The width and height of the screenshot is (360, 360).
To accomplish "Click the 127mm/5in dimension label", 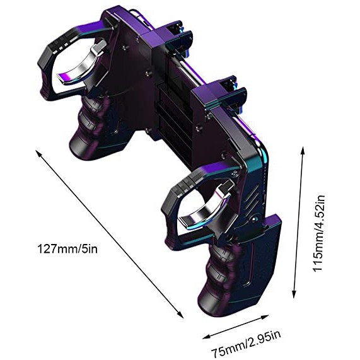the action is (67, 248).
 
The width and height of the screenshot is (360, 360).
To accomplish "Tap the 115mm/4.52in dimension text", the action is (319, 234).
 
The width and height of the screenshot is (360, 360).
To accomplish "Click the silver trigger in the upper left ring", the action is (82, 64).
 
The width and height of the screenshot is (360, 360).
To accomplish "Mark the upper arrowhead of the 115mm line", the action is (303, 151).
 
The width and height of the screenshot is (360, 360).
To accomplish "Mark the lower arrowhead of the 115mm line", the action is (294, 294).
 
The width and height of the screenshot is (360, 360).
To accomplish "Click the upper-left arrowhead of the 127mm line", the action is (38, 152).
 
